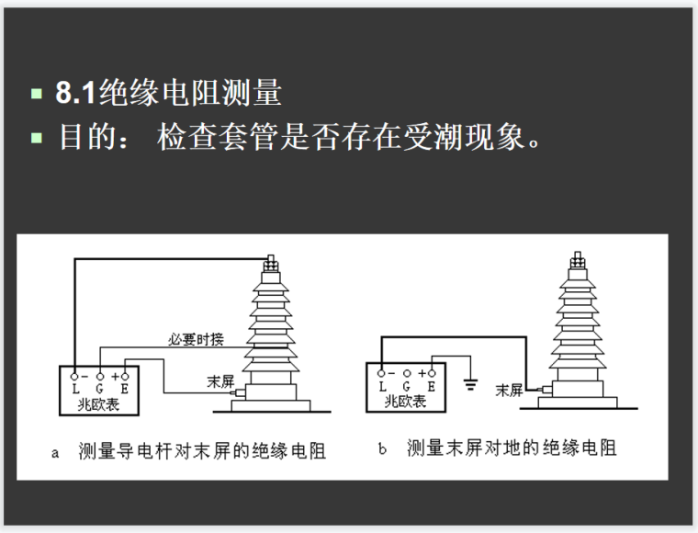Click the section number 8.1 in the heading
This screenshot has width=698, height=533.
(x=76, y=94)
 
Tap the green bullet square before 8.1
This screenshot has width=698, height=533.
(x=37, y=94)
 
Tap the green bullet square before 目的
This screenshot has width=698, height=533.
(x=37, y=141)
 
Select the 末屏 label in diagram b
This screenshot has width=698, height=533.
(x=509, y=390)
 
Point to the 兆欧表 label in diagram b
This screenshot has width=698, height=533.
(x=407, y=401)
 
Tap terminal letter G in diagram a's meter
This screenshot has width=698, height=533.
(x=99, y=390)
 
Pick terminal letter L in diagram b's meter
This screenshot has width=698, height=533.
(x=383, y=387)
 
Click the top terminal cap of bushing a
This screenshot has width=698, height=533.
(x=270, y=262)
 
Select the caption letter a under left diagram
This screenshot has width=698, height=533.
(x=56, y=452)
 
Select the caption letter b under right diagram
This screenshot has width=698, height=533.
(x=383, y=449)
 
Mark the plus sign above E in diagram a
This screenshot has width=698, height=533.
(x=117, y=375)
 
